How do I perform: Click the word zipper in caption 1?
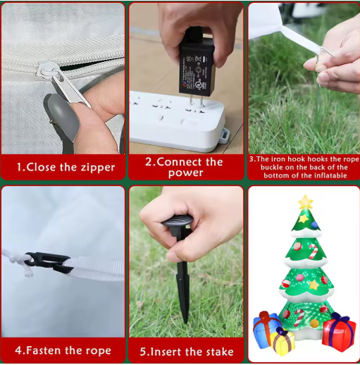point(98,167)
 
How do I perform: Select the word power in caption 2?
point(186,173)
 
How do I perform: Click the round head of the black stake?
point(178,222)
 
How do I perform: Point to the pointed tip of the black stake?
point(186,322)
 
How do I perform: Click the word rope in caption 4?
point(98,351)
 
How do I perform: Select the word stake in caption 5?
point(220,352)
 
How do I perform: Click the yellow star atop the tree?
point(306,202)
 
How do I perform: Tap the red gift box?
point(338,333)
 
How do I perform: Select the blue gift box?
point(266,329)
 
